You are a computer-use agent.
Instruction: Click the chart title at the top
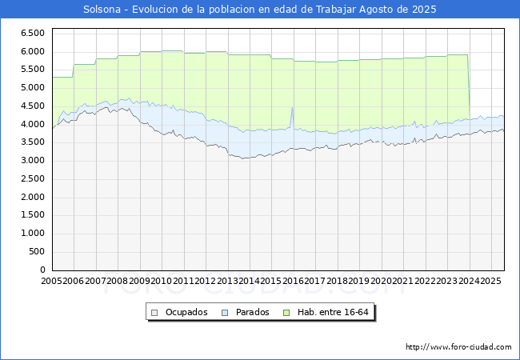(x=260, y=10)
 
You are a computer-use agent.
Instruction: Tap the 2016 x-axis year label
(x=292, y=281)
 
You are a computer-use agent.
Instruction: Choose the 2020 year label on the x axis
(x=380, y=281)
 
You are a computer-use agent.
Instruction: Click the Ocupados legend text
(x=185, y=312)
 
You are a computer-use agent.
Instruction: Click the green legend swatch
(x=290, y=312)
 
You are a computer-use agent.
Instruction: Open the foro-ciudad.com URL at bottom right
(x=458, y=347)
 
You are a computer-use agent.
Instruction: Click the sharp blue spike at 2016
(x=292, y=108)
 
